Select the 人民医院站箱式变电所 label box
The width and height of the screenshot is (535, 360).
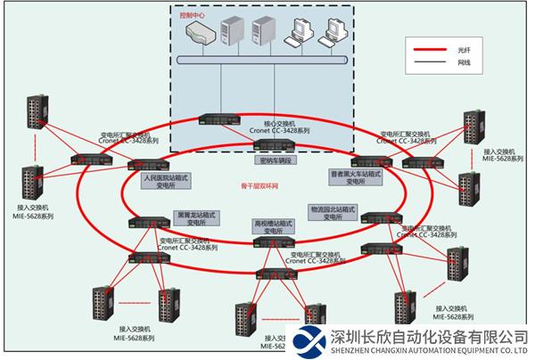[x=167, y=182]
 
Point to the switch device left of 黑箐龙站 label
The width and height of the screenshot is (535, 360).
[x=148, y=222]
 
